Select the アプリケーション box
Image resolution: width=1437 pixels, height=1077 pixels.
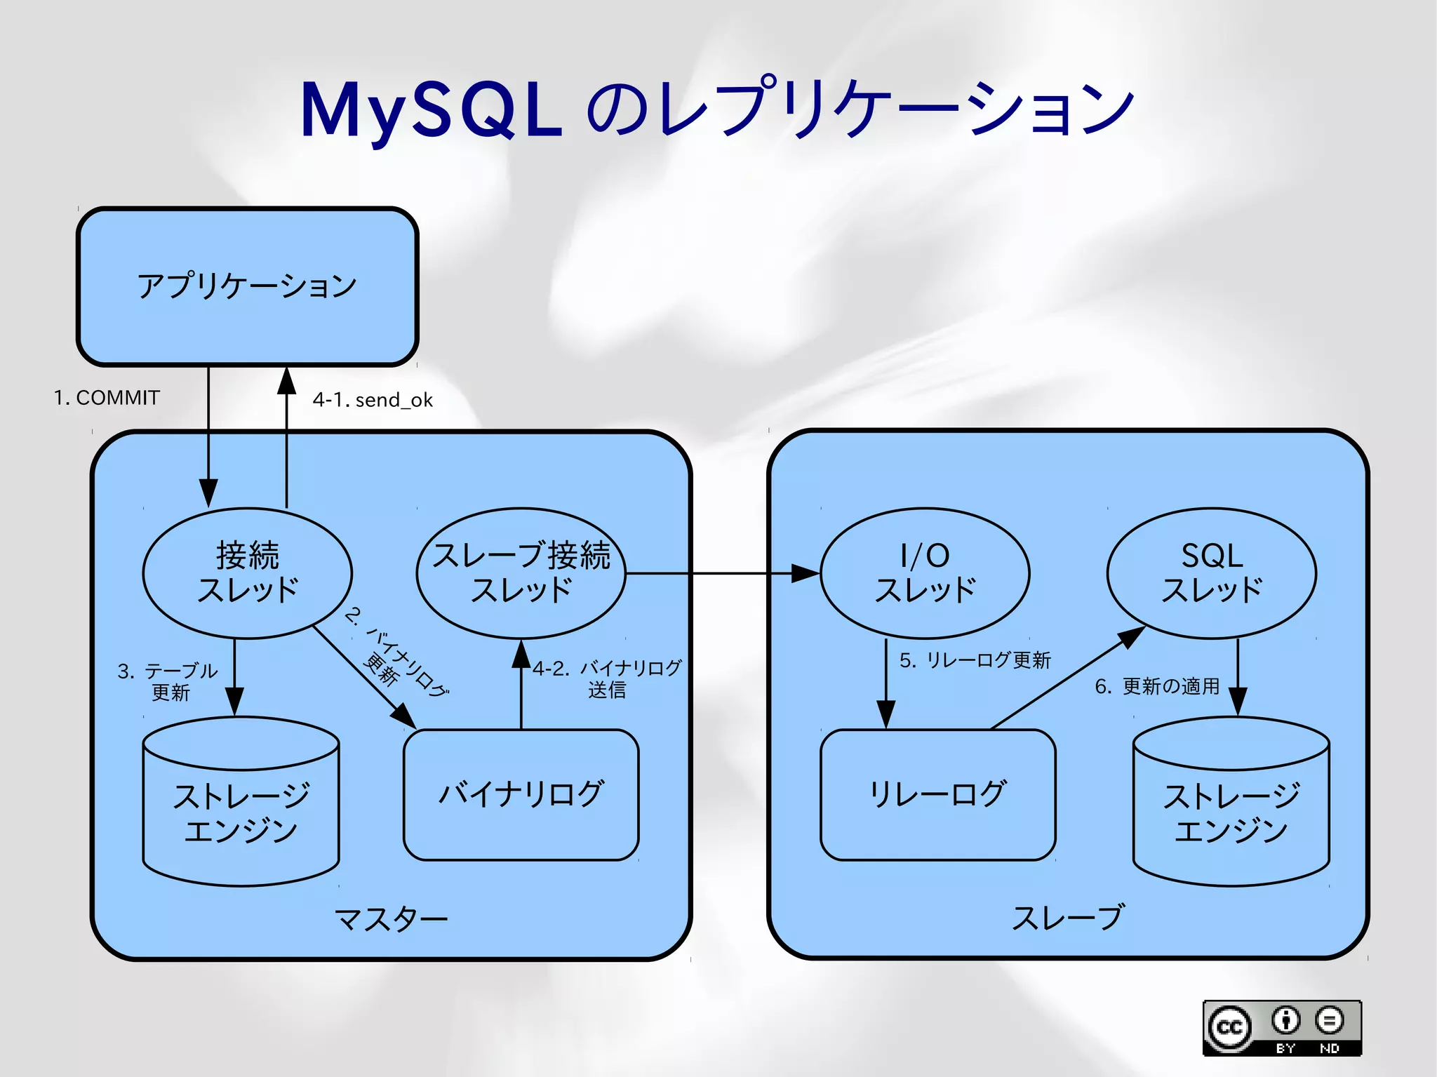coord(247,286)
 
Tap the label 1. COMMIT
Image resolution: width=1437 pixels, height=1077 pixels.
coord(107,398)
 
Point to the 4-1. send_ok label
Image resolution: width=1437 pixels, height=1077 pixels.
coord(373,400)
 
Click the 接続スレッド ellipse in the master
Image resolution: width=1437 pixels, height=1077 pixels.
coord(247,573)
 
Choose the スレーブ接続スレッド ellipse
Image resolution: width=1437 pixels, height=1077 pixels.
coord(521,573)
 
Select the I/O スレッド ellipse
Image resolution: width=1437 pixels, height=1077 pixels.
coord(925,573)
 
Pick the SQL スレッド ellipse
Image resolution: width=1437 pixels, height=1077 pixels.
coord(1212,573)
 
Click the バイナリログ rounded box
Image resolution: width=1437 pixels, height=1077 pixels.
coord(521,794)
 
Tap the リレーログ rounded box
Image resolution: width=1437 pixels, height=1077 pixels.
coord(937,794)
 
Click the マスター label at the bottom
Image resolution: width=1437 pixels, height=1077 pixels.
coord(391,918)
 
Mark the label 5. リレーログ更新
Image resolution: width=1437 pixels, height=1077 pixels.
coord(975,660)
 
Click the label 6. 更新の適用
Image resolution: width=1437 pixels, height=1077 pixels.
coord(1157,686)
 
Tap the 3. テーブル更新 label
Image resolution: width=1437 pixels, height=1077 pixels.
coord(168,681)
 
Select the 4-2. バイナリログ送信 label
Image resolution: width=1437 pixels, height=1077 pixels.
coord(607,678)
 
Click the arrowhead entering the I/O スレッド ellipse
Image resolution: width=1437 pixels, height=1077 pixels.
coord(806,573)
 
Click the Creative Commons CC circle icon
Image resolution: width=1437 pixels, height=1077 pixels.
coord(1229,1028)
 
